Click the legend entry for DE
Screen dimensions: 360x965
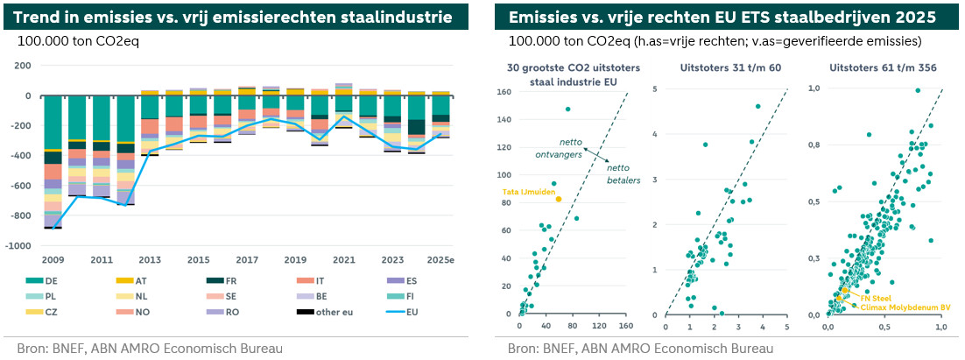pos(52,279)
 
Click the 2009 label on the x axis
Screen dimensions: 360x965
pos(52,260)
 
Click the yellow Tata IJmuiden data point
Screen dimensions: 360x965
pos(558,199)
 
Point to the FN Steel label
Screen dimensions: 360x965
pos(877,297)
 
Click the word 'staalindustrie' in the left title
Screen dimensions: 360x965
pos(405,17)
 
